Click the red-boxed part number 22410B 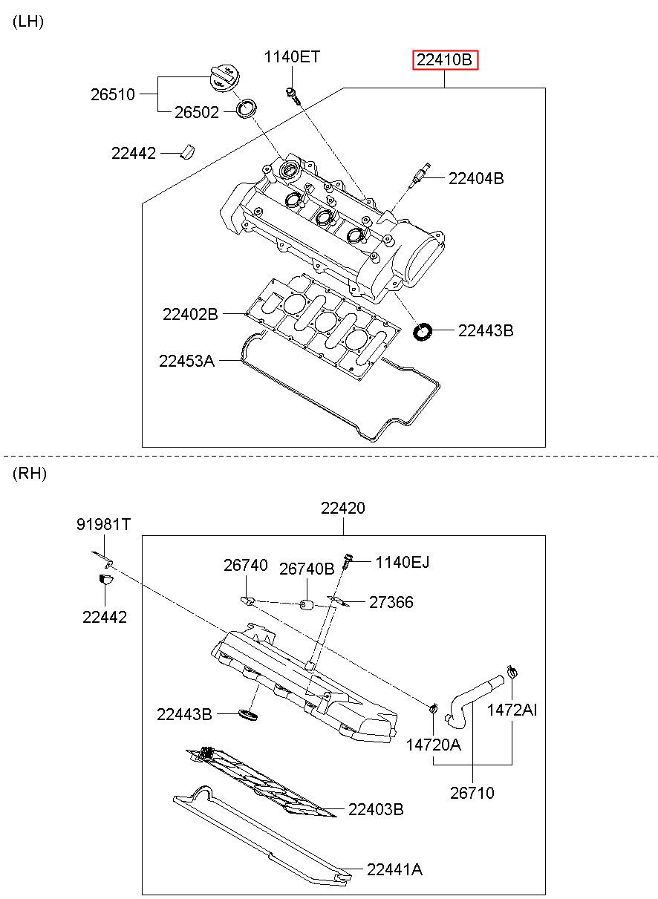(445, 60)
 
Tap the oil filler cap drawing (224, 79)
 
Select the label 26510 (113, 95)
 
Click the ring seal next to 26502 (246, 108)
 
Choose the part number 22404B (476, 179)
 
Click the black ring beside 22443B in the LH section (423, 332)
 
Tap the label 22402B (190, 314)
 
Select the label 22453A (186, 362)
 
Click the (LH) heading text (28, 22)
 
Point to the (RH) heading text (30, 474)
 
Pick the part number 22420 (343, 508)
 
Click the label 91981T (103, 525)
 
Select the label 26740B (307, 569)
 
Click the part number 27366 (391, 602)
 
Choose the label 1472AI (512, 710)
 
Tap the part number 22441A (394, 870)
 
